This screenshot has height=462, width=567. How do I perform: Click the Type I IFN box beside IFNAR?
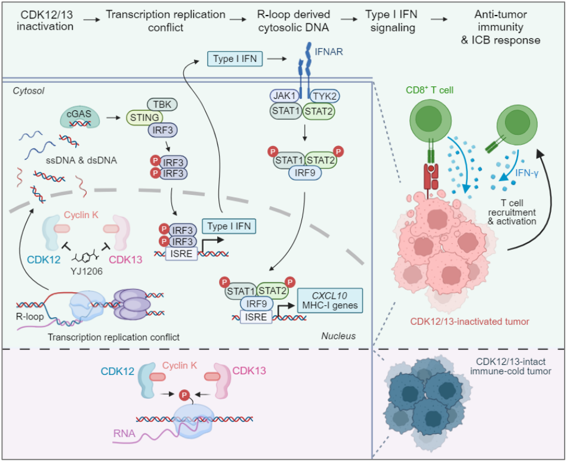click(235, 58)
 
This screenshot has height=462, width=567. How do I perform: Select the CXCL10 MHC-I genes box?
click(330, 299)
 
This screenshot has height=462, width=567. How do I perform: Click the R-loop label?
click(30, 316)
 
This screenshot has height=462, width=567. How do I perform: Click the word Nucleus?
click(339, 336)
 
